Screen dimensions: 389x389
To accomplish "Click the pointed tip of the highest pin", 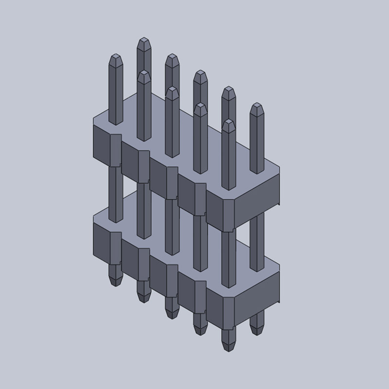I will (143, 39).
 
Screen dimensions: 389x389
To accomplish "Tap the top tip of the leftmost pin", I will (115, 55).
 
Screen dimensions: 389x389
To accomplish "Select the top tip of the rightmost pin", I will (256, 105).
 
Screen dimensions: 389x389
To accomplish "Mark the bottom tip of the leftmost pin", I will (114, 284).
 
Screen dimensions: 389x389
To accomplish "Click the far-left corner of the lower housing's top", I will (94, 215).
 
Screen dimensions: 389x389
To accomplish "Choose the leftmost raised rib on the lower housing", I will (115, 243).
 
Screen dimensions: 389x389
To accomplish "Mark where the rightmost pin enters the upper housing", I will (256, 172).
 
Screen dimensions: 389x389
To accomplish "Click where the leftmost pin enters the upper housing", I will (115, 123).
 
